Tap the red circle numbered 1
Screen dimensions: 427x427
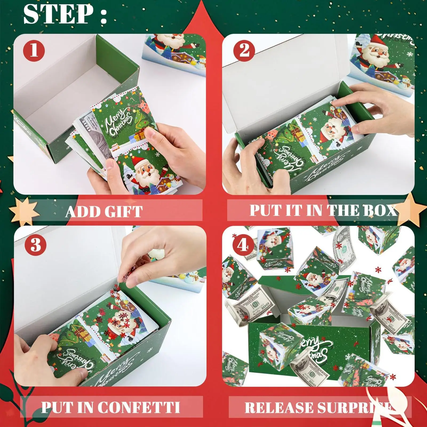point(34,50)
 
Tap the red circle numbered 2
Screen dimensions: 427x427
point(244,50)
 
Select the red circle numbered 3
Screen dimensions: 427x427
point(35,245)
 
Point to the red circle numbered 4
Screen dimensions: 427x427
point(243,245)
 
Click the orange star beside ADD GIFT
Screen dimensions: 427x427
point(24,211)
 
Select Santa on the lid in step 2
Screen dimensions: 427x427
point(377,57)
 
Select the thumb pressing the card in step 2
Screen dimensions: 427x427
point(277,175)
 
